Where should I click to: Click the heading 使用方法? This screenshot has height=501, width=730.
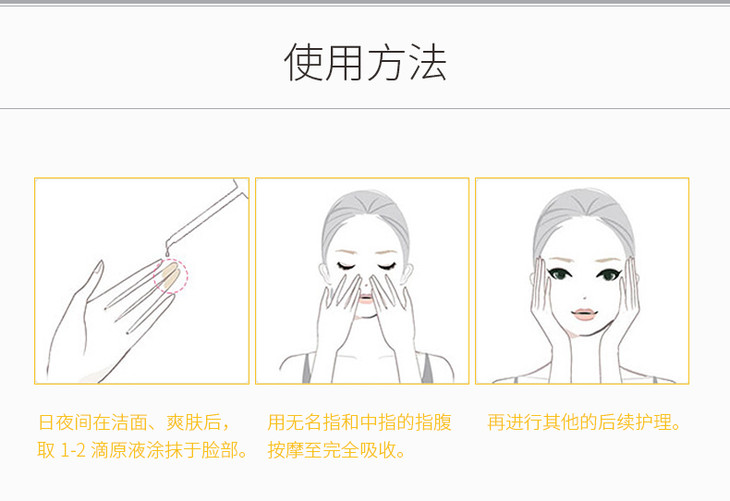pos(365,62)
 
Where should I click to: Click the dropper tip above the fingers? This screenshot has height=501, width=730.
pos(168,251)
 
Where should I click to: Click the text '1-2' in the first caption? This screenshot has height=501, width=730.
pos(73,450)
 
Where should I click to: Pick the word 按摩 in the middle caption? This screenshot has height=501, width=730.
pos(285,450)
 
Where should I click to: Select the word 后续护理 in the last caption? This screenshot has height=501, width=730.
pos(635,422)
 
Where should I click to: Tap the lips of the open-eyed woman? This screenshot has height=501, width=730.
pos(584,313)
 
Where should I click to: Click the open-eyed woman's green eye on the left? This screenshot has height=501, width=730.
pos(559,274)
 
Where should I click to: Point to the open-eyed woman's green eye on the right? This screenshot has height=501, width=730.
pos(609,275)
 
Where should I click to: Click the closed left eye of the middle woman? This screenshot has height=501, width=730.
pos(346,267)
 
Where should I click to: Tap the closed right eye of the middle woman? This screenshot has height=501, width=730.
pos(387,267)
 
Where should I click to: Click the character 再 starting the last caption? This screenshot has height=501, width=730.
pos(496,422)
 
